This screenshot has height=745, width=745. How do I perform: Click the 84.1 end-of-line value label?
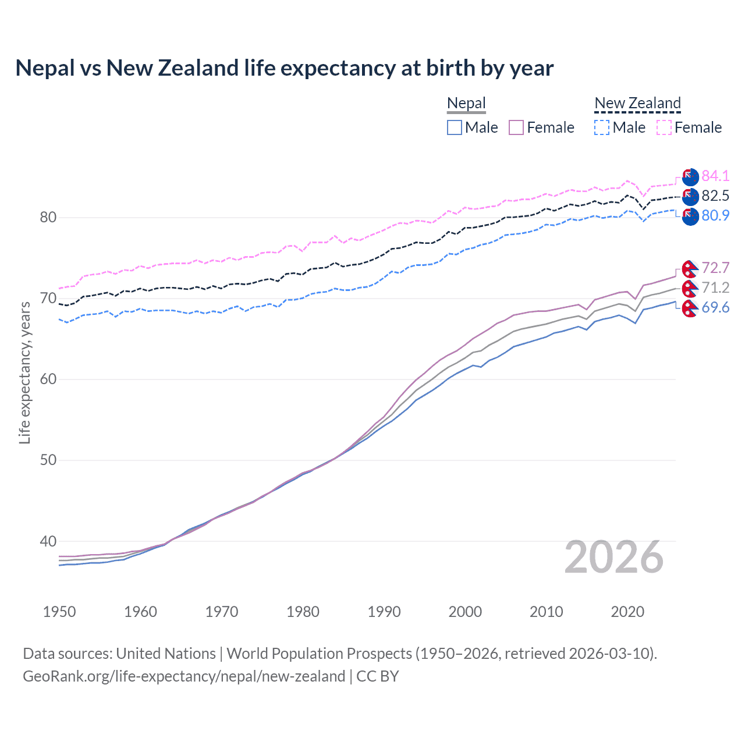click(x=715, y=176)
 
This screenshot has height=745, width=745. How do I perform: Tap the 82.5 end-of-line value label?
click(x=715, y=196)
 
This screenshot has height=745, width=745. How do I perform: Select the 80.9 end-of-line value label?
click(x=715, y=215)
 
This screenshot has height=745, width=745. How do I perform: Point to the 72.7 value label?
click(x=715, y=268)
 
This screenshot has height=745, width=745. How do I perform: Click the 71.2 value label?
click(x=715, y=288)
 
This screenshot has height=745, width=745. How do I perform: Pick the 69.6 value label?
click(x=715, y=307)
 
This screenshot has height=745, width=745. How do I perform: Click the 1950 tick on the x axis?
click(x=60, y=612)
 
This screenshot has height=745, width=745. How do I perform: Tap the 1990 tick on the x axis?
click(x=384, y=612)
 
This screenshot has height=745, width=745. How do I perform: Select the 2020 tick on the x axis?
click(x=627, y=612)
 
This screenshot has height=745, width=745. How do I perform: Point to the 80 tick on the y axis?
click(x=48, y=218)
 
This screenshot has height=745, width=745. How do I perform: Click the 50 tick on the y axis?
click(x=48, y=460)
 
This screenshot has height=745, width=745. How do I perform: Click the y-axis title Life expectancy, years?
click(x=24, y=372)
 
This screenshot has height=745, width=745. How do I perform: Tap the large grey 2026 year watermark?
click(x=613, y=557)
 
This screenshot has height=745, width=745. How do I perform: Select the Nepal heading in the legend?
click(x=466, y=104)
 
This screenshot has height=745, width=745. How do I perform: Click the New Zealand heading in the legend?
click(x=637, y=104)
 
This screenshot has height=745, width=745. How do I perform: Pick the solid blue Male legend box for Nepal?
click(x=455, y=127)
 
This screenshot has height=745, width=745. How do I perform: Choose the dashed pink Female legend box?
click(x=664, y=127)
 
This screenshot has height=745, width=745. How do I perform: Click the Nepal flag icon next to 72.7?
click(x=690, y=268)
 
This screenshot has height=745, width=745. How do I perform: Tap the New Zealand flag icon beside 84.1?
click(x=690, y=176)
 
